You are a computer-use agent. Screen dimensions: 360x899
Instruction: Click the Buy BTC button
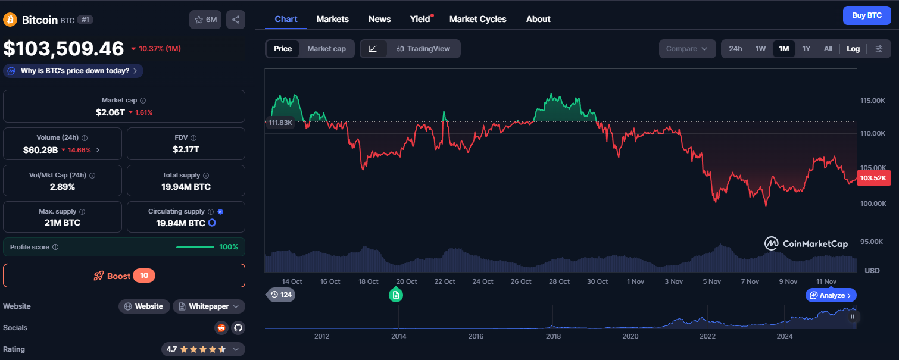(x=866, y=15)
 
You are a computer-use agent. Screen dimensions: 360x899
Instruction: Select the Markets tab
(x=332, y=19)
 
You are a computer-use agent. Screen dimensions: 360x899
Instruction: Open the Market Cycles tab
(x=477, y=19)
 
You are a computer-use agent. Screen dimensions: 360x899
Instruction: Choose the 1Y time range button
(x=806, y=49)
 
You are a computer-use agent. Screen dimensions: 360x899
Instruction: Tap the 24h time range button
(x=735, y=49)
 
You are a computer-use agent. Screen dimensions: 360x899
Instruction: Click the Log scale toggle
(x=853, y=49)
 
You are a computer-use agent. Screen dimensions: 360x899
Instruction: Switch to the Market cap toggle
(x=326, y=49)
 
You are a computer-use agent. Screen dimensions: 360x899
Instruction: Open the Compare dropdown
(x=687, y=49)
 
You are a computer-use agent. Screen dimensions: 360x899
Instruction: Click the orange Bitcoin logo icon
(x=10, y=20)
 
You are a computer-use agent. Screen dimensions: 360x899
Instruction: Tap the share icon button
(x=236, y=20)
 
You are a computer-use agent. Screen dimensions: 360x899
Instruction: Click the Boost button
(x=124, y=276)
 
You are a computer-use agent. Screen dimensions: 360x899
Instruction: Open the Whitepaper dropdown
(x=209, y=306)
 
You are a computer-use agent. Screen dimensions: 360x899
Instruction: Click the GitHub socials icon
(x=238, y=328)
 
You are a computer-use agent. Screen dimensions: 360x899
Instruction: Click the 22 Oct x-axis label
(x=445, y=281)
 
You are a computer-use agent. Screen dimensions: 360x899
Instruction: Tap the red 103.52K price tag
(x=873, y=178)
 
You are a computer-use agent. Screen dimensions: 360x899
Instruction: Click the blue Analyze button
(x=831, y=295)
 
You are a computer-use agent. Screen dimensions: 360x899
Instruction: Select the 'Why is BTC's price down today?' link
(x=74, y=71)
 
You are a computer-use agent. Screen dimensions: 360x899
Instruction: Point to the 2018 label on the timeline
(x=553, y=336)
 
